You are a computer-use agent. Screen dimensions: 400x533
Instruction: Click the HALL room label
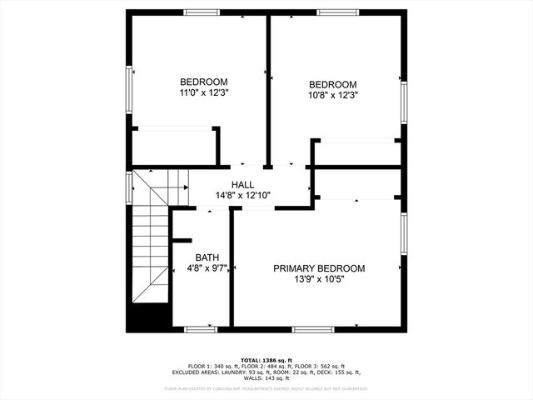tap(242, 184)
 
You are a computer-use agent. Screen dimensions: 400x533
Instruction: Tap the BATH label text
tap(207, 257)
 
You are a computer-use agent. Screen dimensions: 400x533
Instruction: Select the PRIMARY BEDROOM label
tap(319, 268)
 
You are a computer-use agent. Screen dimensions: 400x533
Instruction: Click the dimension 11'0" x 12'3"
tap(203, 93)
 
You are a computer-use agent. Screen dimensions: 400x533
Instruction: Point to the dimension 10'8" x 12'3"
tap(332, 96)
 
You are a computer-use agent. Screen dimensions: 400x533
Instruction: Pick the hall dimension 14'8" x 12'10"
tap(242, 196)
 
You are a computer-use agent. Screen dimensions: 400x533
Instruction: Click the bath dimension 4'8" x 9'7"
tap(207, 269)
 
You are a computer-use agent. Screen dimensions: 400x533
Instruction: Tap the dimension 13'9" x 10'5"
tap(319, 280)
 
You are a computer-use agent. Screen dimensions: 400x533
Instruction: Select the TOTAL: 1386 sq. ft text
tap(266, 359)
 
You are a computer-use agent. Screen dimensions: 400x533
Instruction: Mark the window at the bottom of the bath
tap(200, 329)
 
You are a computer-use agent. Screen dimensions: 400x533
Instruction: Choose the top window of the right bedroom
tap(337, 12)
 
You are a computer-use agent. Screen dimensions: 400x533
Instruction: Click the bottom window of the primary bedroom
tap(313, 329)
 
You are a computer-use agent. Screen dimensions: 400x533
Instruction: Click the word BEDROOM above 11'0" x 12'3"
tap(203, 82)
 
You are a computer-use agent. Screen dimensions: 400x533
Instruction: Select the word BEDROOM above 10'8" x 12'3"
tap(332, 84)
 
